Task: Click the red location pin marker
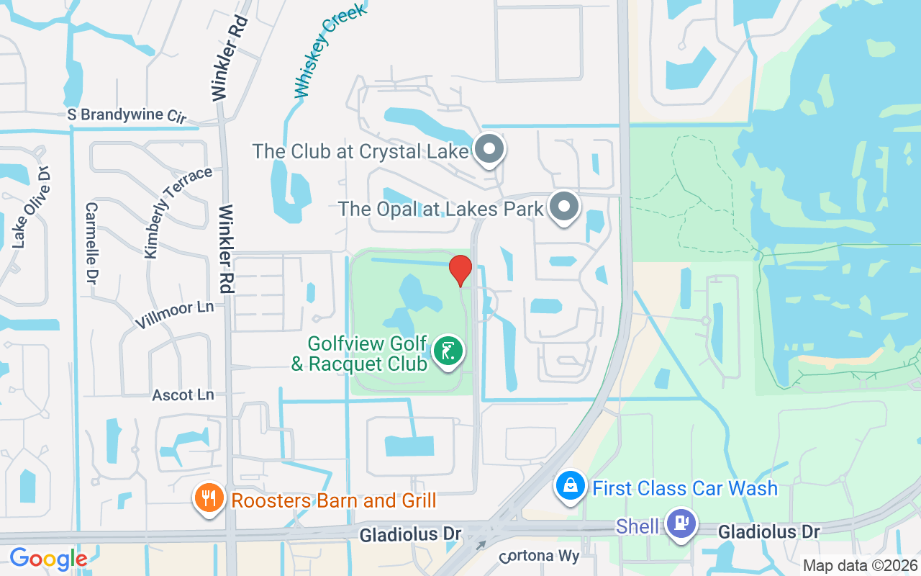point(460,270)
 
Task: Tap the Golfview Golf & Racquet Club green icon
point(449,352)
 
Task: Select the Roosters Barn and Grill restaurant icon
point(209,499)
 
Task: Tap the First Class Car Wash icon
point(571,486)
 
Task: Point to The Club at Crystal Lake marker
point(490,150)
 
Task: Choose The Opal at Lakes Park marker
point(565,207)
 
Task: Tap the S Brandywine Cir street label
point(127,115)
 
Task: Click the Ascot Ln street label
point(183,395)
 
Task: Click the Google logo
point(48,559)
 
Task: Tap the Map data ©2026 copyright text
point(861,565)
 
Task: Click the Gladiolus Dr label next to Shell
point(769,531)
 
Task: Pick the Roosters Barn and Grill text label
point(333,500)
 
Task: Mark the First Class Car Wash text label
point(685,487)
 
